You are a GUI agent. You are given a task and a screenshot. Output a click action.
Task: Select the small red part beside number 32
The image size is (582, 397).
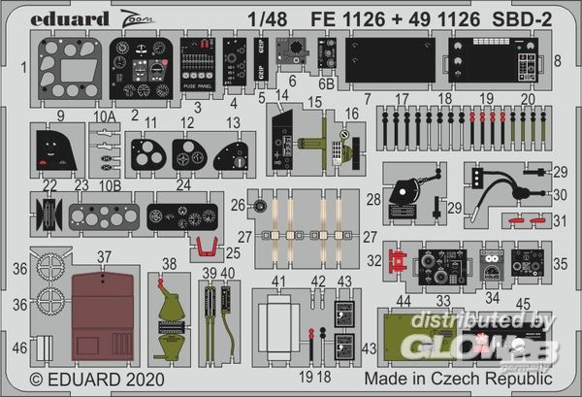(x=395, y=259)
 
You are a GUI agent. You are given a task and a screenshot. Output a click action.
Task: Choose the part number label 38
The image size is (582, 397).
(x=170, y=262)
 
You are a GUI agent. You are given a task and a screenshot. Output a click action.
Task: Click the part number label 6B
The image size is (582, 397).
(x=327, y=83)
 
